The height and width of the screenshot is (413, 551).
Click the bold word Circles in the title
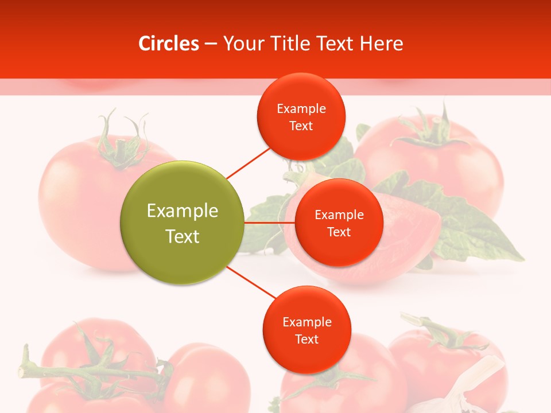[x=169, y=44]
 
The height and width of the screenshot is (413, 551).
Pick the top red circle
[x=301, y=116]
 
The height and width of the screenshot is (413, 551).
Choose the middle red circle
[x=339, y=223]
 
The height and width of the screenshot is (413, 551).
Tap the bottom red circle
[x=306, y=330]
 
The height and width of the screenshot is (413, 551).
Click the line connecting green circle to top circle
[x=248, y=163]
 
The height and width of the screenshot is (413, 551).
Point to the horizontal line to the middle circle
[x=270, y=223]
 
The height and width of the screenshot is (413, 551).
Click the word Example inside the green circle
[x=183, y=211]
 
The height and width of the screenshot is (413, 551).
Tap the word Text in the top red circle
[x=301, y=126]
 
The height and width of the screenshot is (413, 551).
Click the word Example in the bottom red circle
[x=306, y=322]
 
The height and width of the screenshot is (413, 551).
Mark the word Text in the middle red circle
[x=339, y=232]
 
